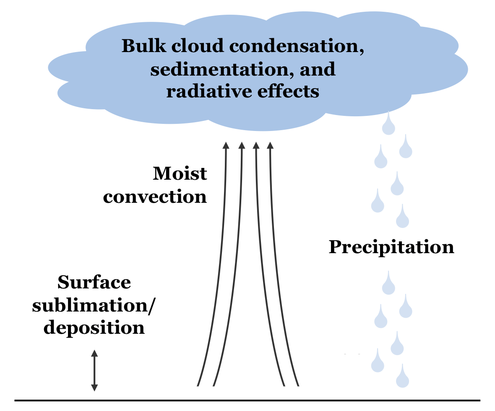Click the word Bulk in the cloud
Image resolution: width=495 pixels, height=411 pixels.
point(140,46)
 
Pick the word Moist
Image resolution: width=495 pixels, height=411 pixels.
point(180,173)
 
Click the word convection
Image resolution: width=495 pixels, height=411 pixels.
point(155,196)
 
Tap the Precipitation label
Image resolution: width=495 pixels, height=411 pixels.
point(391,247)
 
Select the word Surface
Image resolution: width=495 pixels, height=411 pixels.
point(94,282)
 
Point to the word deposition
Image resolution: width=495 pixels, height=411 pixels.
point(94,327)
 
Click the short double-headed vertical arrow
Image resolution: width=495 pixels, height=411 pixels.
point(94,370)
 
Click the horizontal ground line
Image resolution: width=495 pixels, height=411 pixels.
point(247,400)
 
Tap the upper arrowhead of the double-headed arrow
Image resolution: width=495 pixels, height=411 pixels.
point(94,353)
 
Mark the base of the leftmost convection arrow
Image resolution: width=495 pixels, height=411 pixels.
point(198,384)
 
